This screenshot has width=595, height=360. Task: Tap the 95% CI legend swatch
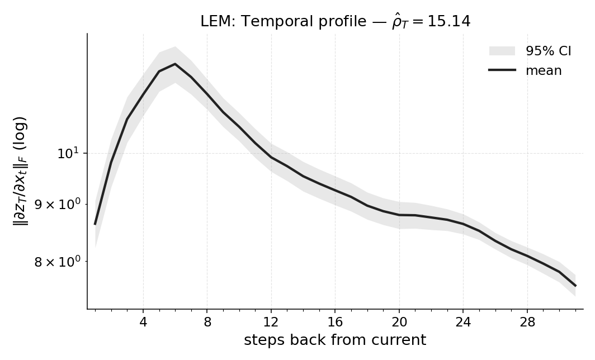[502, 51]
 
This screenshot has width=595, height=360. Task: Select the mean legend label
[543, 70]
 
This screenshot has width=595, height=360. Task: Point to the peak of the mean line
[175, 64]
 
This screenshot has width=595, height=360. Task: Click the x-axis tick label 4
[143, 323]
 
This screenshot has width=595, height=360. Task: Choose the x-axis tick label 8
[207, 323]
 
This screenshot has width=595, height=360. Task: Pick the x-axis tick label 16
[335, 323]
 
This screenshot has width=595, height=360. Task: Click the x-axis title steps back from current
[335, 340]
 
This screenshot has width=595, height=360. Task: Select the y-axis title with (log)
[21, 170]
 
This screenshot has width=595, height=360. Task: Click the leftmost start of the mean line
[95, 224]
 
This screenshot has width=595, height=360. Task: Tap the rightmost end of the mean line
[575, 286]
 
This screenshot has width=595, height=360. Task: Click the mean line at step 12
[271, 157]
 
